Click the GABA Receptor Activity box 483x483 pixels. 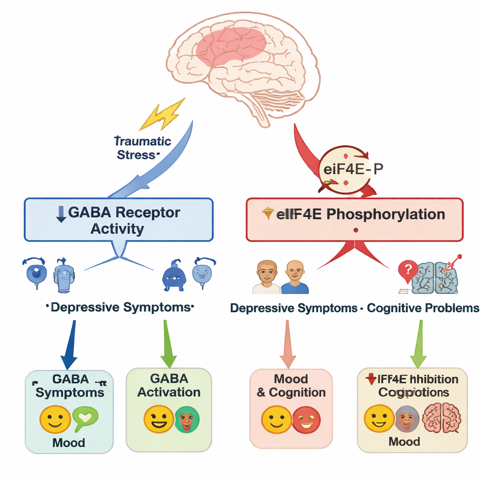[x=118, y=220]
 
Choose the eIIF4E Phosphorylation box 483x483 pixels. [x=354, y=219]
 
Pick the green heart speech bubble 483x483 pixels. [x=85, y=417]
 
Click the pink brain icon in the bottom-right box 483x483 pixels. [x=441, y=418]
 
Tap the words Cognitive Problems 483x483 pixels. [x=423, y=308]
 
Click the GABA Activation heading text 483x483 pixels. [x=169, y=385]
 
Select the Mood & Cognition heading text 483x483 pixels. [x=291, y=386]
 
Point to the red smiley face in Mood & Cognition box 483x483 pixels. [x=306, y=419]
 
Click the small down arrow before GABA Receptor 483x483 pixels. [x=60, y=213]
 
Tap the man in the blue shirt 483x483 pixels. [x=295, y=278]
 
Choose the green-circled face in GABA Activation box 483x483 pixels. [x=187, y=419]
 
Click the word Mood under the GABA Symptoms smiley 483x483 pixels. [x=69, y=442]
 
